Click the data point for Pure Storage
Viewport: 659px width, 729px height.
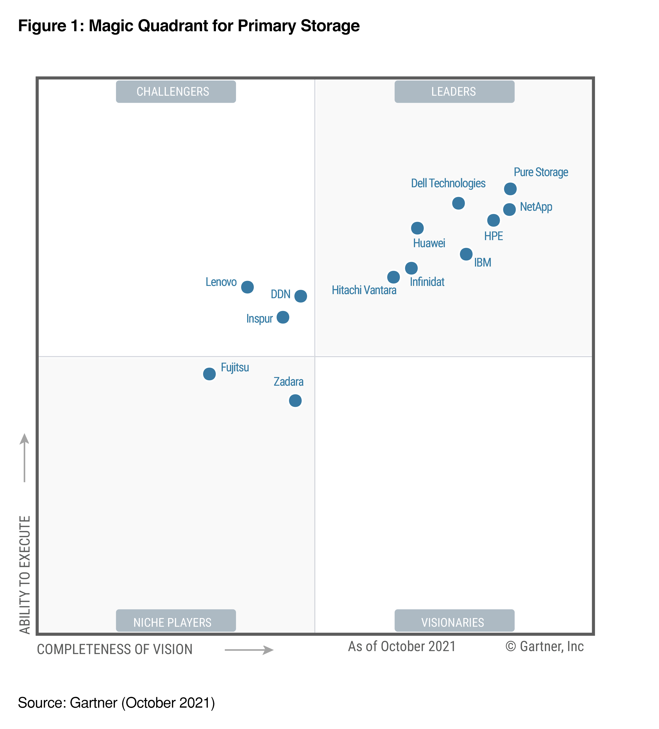[x=510, y=189]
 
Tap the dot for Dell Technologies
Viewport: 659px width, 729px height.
[x=458, y=203]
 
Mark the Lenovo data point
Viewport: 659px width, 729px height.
[x=247, y=287]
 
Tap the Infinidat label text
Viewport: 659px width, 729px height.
[x=427, y=282]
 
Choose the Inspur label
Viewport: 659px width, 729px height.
[x=259, y=318]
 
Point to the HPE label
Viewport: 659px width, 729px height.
[x=493, y=236]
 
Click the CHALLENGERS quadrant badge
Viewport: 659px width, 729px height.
[x=176, y=92]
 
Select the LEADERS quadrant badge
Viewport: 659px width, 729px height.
[x=454, y=92]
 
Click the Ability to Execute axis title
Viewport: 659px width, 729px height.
[x=25, y=575]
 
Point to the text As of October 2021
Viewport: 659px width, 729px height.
[x=402, y=647]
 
